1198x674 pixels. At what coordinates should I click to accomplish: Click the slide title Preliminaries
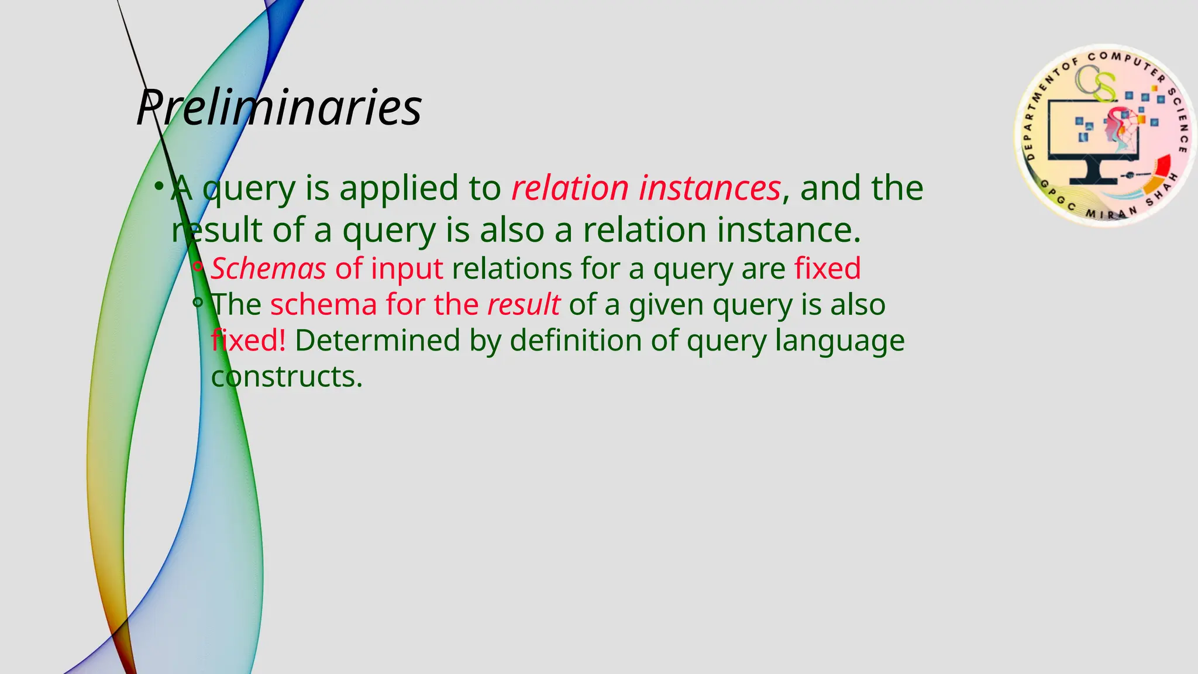click(x=279, y=107)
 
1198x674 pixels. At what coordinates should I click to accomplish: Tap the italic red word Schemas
click(x=268, y=269)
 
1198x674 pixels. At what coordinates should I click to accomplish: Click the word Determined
click(x=377, y=341)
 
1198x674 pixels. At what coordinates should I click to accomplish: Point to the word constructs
click(x=287, y=377)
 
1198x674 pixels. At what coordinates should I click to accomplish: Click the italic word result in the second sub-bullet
click(x=524, y=305)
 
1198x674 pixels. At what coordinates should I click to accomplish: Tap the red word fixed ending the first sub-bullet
click(x=827, y=269)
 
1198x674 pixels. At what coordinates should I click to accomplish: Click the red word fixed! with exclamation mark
click(x=249, y=341)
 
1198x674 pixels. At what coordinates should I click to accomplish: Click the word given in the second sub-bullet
click(x=666, y=305)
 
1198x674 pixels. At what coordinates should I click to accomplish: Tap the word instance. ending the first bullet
click(x=789, y=229)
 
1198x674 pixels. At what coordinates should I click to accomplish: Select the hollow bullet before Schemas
click(x=198, y=267)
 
